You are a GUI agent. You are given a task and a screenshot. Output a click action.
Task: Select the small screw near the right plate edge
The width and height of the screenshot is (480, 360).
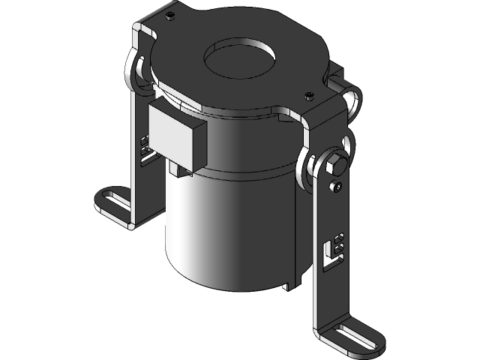pyautogui.click(x=309, y=95)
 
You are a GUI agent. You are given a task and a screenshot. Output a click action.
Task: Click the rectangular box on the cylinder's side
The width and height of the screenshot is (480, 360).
pyautogui.click(x=178, y=135)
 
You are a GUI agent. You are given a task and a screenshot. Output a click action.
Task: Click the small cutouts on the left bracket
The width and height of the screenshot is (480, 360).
pyautogui.click(x=144, y=146)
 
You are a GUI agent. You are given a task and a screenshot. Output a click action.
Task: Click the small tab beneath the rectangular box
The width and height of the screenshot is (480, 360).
pyautogui.click(x=178, y=171)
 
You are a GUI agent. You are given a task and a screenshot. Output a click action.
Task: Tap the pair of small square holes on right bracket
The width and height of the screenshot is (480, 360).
pyautogui.click(x=339, y=243)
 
